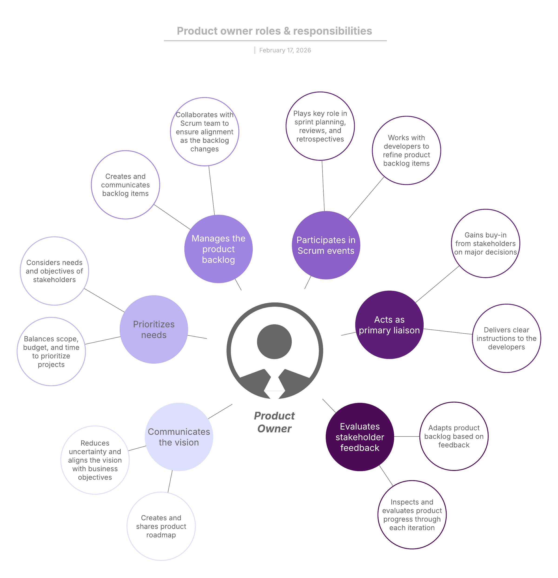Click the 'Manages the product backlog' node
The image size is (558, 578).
click(x=218, y=249)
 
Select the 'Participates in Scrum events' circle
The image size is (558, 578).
click(x=326, y=245)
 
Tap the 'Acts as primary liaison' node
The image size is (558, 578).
click(x=389, y=325)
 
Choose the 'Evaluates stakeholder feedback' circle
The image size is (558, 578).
click(x=360, y=437)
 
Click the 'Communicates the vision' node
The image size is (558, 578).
click(x=179, y=437)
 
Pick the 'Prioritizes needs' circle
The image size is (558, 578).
click(x=154, y=329)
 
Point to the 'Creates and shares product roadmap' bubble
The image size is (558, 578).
click(x=161, y=526)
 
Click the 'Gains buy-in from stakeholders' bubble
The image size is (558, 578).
click(x=485, y=243)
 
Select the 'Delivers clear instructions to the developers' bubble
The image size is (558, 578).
click(x=506, y=338)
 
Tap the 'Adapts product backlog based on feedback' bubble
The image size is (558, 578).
click(x=454, y=436)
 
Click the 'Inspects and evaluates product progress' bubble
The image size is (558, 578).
click(x=412, y=515)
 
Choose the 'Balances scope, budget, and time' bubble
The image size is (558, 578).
click(x=51, y=351)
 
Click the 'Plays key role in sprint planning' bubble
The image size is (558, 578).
click(x=320, y=126)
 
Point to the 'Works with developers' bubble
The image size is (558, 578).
click(x=406, y=150)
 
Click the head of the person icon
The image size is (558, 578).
click(x=274, y=342)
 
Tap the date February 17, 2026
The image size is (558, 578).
click(x=285, y=50)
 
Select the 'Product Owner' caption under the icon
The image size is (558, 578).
click(x=274, y=422)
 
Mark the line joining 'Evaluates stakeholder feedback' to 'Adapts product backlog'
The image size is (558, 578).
click(x=407, y=437)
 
